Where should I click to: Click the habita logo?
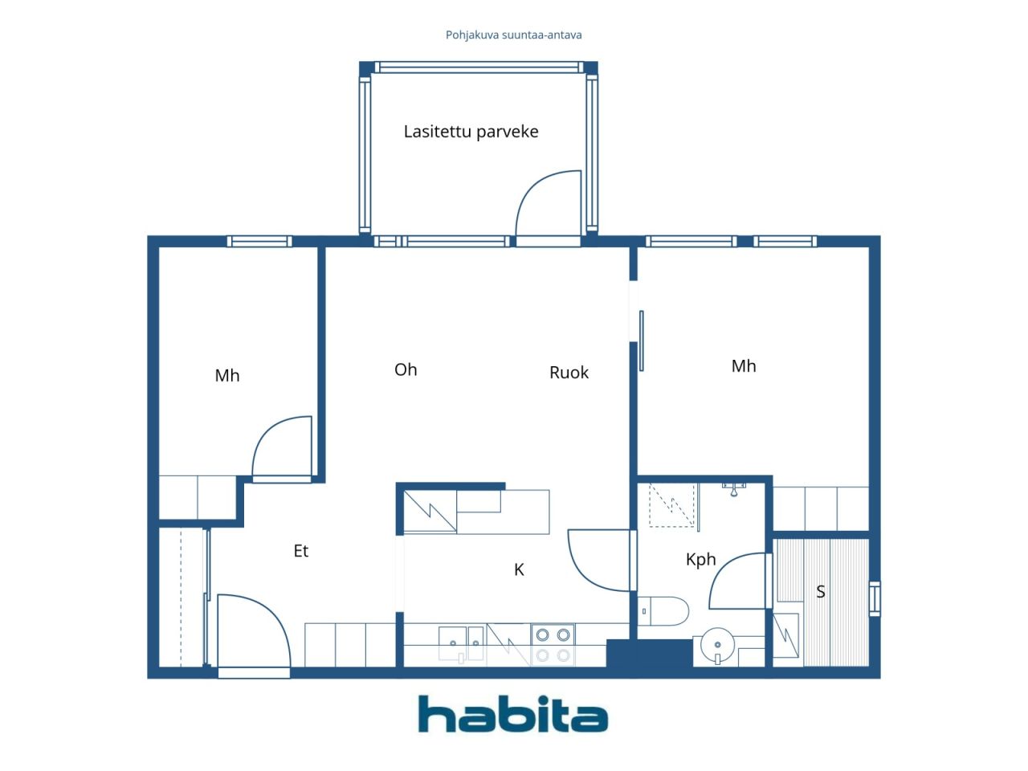pyautogui.click(x=512, y=714)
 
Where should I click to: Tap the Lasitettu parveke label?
pyautogui.click(x=471, y=132)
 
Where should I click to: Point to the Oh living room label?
pyautogui.click(x=406, y=369)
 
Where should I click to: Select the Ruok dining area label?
pyautogui.click(x=569, y=373)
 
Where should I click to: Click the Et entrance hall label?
pyautogui.click(x=300, y=551)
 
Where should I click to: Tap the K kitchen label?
pyautogui.click(x=519, y=569)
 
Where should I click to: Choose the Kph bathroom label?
pyautogui.click(x=700, y=560)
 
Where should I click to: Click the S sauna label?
pyautogui.click(x=821, y=592)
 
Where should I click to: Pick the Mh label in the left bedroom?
pyautogui.click(x=227, y=375)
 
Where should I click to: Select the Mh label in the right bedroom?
pyautogui.click(x=744, y=366)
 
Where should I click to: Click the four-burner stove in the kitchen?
pyautogui.click(x=553, y=645)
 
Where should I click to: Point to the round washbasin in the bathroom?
pyautogui.click(x=717, y=646)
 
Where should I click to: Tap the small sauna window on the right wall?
pyautogui.click(x=875, y=598)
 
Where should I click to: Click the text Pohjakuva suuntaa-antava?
pyautogui.click(x=513, y=35)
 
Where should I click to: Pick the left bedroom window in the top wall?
pyautogui.click(x=259, y=241)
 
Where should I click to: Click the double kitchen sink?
pyautogui.click(x=461, y=643)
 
